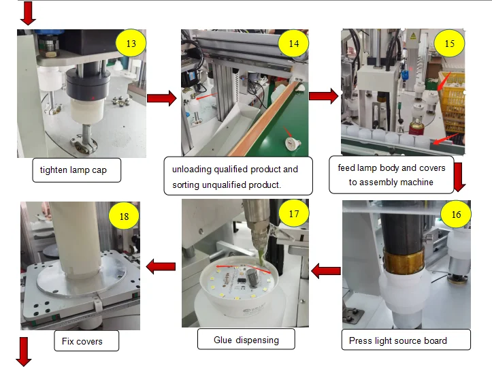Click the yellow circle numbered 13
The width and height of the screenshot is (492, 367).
(x=131, y=44)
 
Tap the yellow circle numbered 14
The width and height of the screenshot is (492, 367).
(x=293, y=44)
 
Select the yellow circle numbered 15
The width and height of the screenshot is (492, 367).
(x=450, y=44)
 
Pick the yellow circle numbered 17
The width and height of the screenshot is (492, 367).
(x=294, y=214)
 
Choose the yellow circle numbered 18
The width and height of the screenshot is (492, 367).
(x=124, y=217)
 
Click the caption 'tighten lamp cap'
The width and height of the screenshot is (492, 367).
(x=76, y=170)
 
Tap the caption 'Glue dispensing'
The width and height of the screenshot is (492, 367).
(x=246, y=340)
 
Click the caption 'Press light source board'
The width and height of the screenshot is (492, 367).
(x=397, y=340)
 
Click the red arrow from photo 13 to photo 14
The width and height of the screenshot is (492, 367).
(x=161, y=99)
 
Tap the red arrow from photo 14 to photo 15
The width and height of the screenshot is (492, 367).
(x=324, y=96)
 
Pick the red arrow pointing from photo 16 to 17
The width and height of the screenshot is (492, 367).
(x=325, y=272)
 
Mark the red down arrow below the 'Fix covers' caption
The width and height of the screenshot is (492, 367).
(x=24, y=351)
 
